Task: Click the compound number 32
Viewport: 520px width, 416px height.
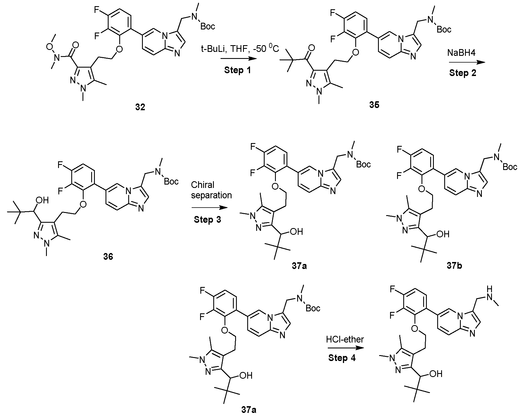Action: point(140,107)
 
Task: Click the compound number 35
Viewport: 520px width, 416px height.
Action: point(374,105)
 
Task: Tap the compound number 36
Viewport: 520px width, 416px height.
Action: point(108,257)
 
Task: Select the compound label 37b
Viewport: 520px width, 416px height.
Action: point(454,265)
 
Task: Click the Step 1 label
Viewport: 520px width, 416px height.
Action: point(237,70)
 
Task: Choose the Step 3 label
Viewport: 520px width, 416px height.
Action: point(207,219)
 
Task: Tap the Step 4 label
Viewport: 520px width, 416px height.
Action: point(342,358)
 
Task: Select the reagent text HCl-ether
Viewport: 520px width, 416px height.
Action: point(345,339)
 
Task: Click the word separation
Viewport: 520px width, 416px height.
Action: point(211,195)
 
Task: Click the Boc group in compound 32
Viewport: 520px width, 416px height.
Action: point(208,26)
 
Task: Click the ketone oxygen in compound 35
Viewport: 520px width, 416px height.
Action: point(310,52)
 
